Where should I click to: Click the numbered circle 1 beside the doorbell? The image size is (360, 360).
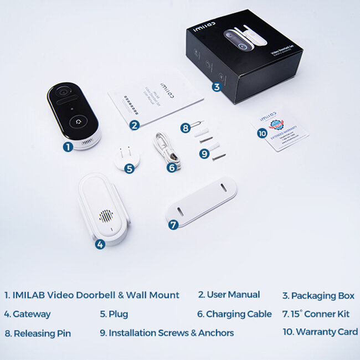point(68,147)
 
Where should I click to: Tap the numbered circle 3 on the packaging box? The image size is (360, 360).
point(217,86)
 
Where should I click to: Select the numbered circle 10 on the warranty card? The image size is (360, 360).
point(262,133)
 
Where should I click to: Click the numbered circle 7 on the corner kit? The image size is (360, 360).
point(173,225)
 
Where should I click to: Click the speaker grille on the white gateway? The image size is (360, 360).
point(106,216)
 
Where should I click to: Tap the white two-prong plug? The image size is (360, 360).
point(125,157)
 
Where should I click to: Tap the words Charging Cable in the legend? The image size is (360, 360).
point(239,314)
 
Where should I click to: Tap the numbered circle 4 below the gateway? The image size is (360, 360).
point(100,244)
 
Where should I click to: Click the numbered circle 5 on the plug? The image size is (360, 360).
point(129,168)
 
